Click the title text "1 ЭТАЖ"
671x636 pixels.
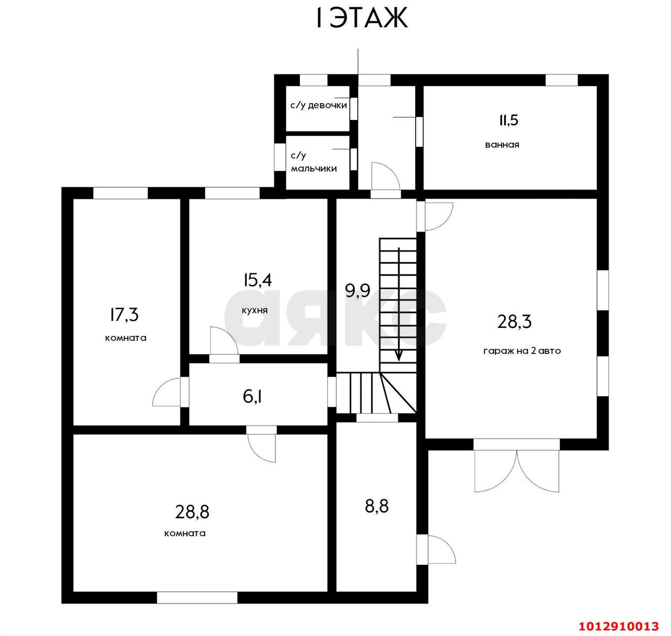click(362, 18)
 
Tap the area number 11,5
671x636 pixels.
click(508, 120)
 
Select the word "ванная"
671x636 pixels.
click(502, 145)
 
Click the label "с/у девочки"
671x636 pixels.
click(318, 105)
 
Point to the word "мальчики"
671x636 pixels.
click(313, 168)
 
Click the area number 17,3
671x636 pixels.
click(124, 314)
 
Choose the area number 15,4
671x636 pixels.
click(257, 280)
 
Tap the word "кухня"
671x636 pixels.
click(255, 311)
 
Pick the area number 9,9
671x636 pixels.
click(358, 291)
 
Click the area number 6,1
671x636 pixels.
click(253, 397)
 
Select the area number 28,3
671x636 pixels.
click(514, 322)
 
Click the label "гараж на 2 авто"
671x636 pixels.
click(522, 351)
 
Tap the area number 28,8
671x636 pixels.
click(192, 512)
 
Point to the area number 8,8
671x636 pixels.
click(377, 506)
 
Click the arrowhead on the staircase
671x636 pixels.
click(398, 356)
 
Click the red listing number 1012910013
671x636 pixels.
click(618, 626)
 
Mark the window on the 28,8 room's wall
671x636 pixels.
click(197, 597)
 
